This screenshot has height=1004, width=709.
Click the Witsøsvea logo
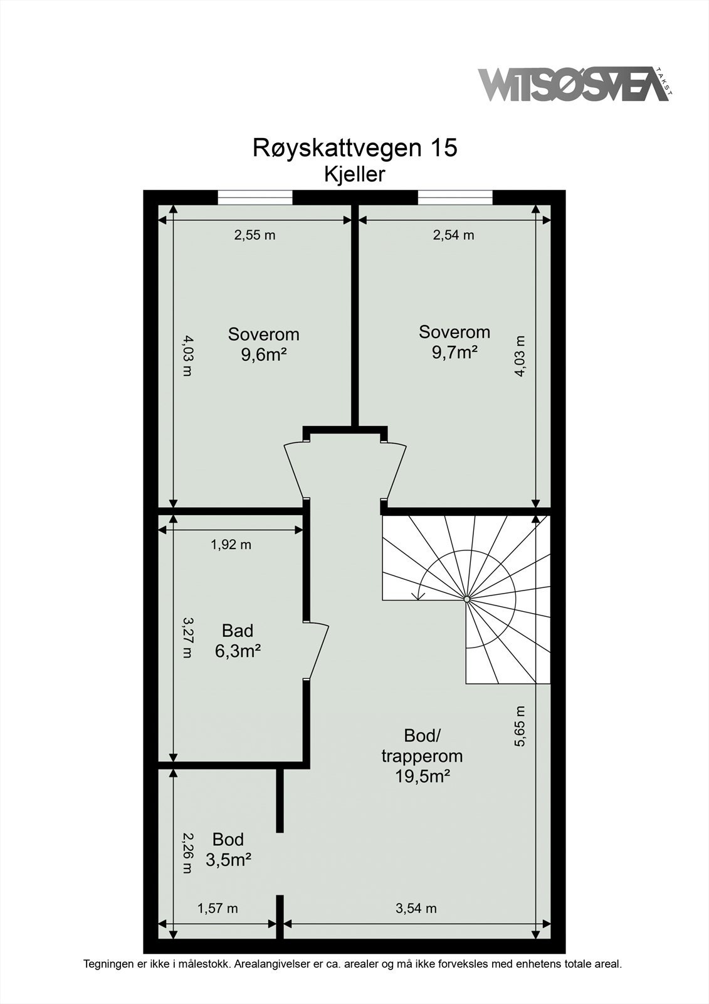(x=574, y=85)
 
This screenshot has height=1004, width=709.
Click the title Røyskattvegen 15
(x=355, y=148)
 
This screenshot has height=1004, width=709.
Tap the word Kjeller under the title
(x=354, y=174)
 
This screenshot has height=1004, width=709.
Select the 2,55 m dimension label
(x=255, y=235)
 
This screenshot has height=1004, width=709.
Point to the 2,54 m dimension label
(x=453, y=235)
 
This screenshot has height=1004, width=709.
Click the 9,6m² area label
(x=263, y=355)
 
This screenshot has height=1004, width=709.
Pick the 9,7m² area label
(x=454, y=353)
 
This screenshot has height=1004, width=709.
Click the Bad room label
(x=238, y=631)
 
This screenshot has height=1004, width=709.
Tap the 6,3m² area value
(x=238, y=651)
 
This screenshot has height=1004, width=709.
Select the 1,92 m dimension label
(x=231, y=545)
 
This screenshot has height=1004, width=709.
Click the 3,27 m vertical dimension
(x=187, y=637)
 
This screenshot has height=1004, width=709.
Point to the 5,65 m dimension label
(x=520, y=726)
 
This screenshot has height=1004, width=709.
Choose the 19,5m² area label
(x=422, y=777)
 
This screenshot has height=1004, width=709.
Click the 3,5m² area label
(x=228, y=860)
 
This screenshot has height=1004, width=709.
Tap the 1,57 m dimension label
(x=218, y=908)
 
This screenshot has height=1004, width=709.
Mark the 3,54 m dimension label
(x=416, y=908)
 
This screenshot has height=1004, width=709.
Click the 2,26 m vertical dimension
(x=187, y=853)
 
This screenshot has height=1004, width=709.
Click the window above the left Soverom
(x=255, y=198)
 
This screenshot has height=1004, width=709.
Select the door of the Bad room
(x=317, y=651)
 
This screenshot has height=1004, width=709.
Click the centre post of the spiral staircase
(x=467, y=600)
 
